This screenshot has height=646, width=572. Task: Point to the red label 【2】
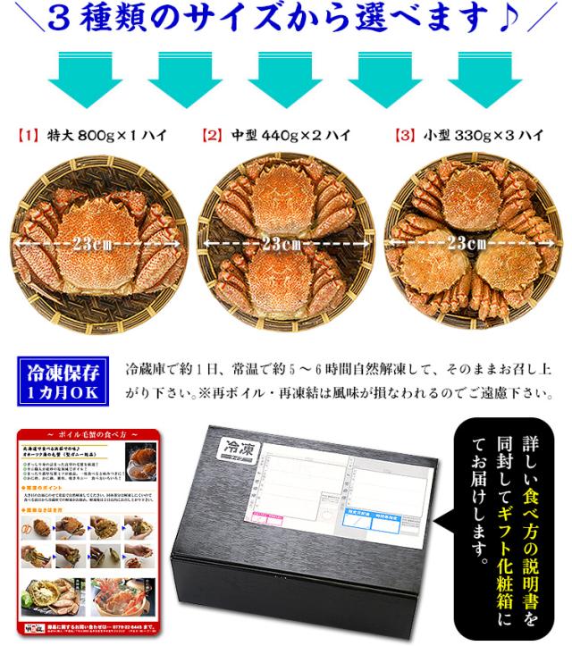pos(213,137)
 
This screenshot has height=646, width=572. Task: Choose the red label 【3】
pos(406,137)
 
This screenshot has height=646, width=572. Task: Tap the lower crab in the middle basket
pos(284,279)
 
